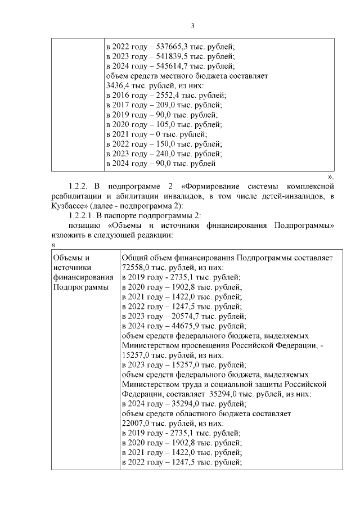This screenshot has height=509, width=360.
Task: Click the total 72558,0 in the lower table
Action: click(x=138, y=267)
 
